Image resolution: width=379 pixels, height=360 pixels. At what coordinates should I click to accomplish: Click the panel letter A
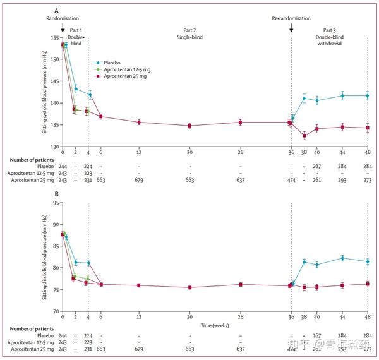56,11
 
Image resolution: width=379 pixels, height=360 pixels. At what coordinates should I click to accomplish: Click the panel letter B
56,194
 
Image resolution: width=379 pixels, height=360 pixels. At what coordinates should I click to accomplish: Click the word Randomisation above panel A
63,19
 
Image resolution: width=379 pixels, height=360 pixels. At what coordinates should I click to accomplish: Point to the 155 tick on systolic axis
52,38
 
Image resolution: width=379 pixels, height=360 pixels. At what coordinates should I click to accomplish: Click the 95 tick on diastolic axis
54,203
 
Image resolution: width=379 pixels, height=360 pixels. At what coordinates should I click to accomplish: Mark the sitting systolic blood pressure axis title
45,93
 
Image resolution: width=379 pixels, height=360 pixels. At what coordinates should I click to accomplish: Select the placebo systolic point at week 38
304,98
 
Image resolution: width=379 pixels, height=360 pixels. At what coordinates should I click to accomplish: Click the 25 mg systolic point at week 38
304,135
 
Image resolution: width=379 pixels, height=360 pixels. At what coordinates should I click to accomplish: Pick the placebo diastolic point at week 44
342,258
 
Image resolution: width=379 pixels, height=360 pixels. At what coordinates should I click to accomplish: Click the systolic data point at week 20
189,126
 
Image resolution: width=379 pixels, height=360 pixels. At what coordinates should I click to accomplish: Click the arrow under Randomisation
63,28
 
